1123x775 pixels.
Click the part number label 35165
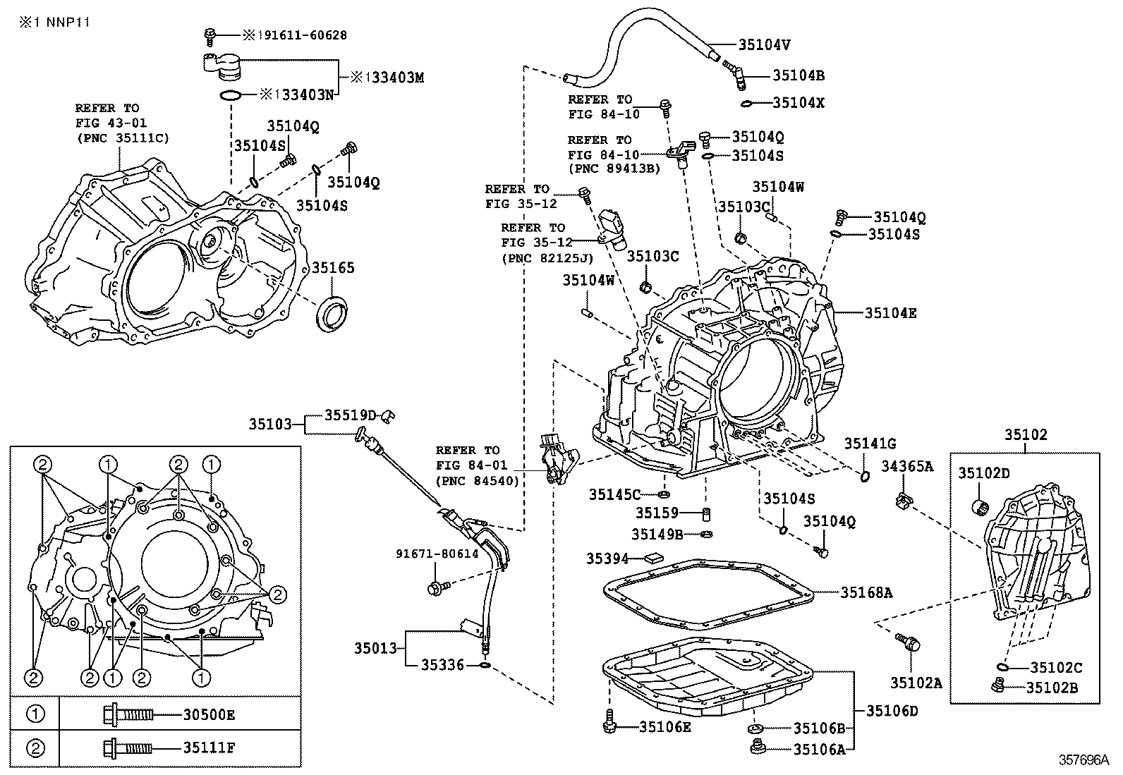tap(333, 268)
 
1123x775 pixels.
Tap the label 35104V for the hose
tap(764, 44)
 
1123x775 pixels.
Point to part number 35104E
tap(891, 313)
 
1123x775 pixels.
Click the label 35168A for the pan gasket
tap(866, 593)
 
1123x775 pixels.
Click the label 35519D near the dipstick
tap(351, 415)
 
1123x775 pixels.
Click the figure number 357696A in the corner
tap(1083, 760)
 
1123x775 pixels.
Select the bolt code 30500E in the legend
tap(209, 714)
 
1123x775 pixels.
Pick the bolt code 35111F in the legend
tap(209, 747)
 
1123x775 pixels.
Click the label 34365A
tap(906, 466)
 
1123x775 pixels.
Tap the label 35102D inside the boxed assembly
tap(983, 472)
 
